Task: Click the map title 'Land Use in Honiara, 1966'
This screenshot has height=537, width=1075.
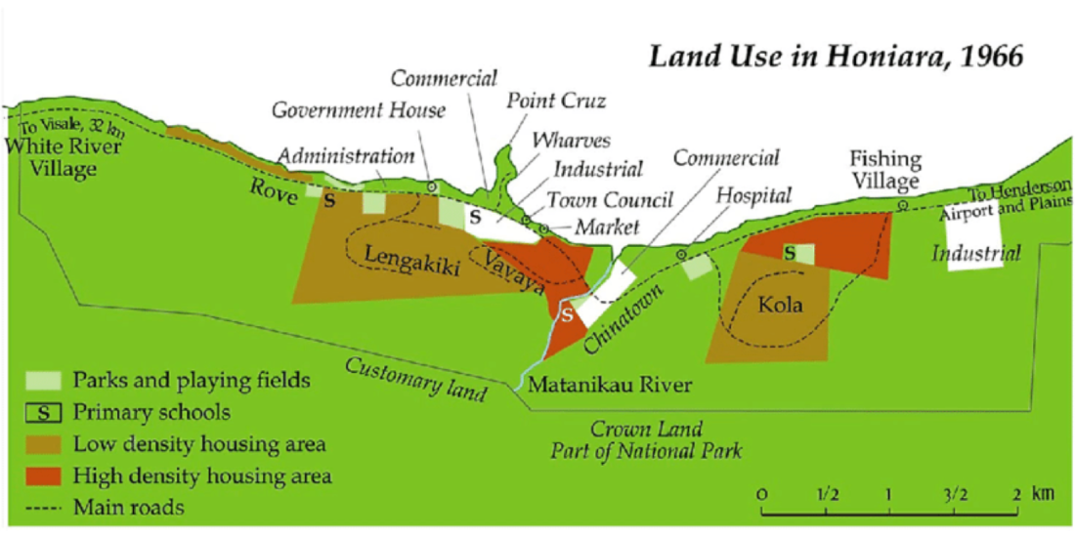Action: (x=837, y=56)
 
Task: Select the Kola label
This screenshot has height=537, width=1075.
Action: (x=781, y=305)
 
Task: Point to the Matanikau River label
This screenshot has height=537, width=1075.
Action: (x=610, y=384)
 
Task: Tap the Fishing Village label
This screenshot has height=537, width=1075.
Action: (x=884, y=170)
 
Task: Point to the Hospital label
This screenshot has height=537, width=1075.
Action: (x=752, y=195)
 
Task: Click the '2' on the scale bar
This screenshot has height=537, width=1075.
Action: (x=1016, y=493)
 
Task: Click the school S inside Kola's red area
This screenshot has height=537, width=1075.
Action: (x=789, y=253)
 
